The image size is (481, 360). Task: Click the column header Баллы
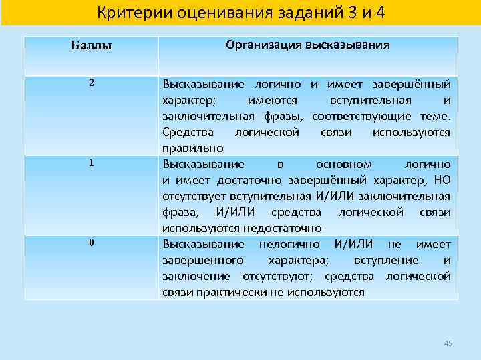91,46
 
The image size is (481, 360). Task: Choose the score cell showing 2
91,85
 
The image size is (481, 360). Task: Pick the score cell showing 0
91,242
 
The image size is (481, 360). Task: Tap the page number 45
448,343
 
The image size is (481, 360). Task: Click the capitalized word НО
442,180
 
